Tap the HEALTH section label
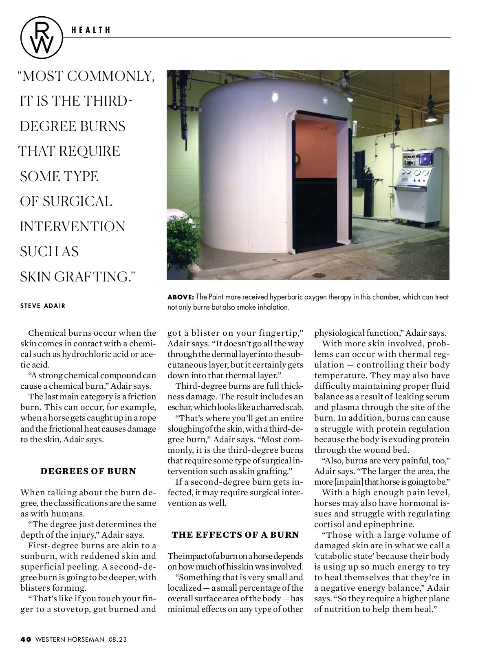tap(90, 30)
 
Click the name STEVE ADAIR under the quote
tap(43, 306)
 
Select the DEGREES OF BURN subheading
tap(88, 471)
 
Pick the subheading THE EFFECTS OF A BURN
tap(236, 535)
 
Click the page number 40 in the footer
tap(26, 639)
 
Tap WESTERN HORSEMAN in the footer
tap(70, 639)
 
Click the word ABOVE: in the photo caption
tap(181, 297)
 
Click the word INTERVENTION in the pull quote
tap(73, 226)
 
